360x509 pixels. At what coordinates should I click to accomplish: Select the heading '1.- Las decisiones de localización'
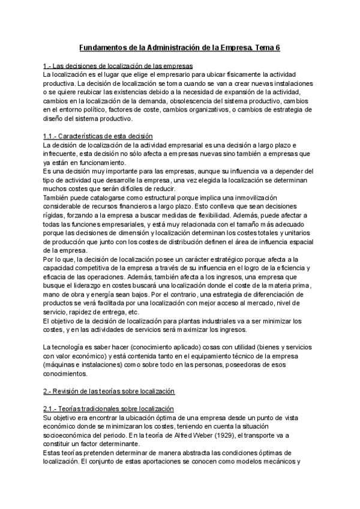(118, 65)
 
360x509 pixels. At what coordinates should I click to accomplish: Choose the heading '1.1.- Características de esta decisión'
(98, 136)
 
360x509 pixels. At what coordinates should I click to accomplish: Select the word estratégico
(202, 258)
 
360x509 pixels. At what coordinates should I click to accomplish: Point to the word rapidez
(82, 312)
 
